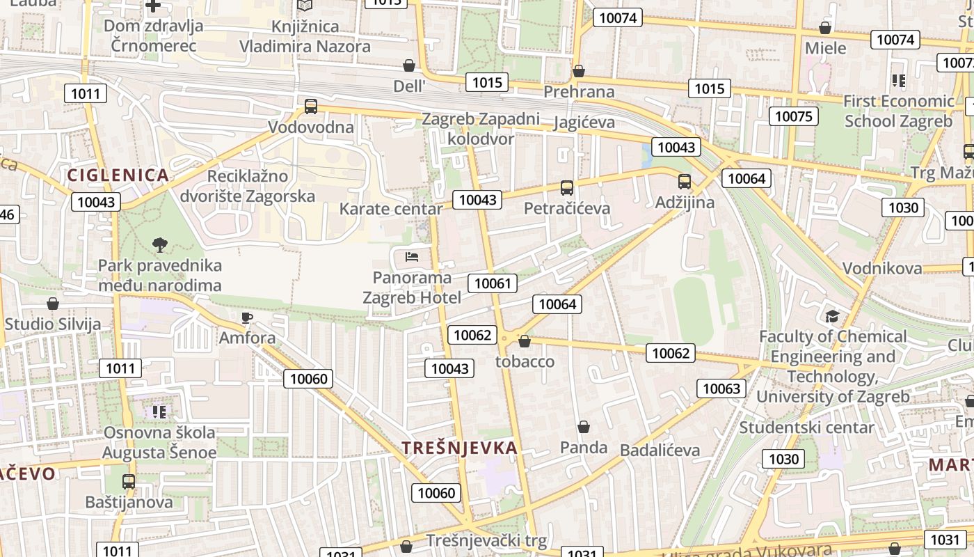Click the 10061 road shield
pos(493,283)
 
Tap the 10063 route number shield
pos(721,388)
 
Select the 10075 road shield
pos(793,116)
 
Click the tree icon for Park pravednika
pos(160,244)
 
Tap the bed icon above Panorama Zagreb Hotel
pos(412,257)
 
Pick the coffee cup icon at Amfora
pos(246,318)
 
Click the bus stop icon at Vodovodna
pos(311,107)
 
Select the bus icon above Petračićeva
pos(567,187)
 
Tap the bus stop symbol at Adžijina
pos(685,182)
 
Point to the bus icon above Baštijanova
pos(129,481)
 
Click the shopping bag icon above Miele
pos(825,28)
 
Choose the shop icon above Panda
pos(584,427)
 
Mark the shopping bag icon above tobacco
pos(525,341)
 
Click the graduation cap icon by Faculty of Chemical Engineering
pos(832,317)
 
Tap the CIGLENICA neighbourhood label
pos(118,175)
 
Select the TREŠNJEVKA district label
pos(460,448)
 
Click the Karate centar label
pos(391,209)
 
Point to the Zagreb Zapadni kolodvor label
pos(481,129)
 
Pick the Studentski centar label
pos(806,427)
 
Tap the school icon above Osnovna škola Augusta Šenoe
pos(160,412)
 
